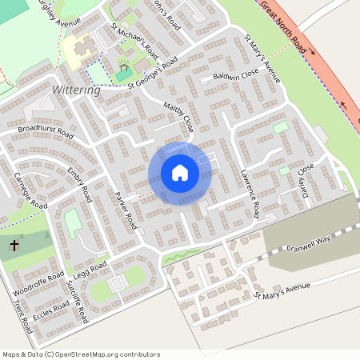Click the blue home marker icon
[179, 173]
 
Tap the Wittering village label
[76, 90]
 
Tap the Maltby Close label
[179, 117]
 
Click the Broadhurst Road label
[45, 131]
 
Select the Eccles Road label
[50, 306]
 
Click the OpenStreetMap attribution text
[80, 354]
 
